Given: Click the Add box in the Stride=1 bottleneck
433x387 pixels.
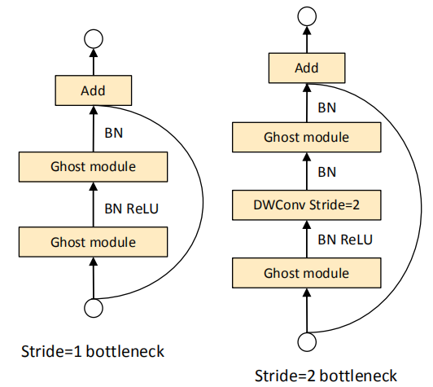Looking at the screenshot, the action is pos(94,90).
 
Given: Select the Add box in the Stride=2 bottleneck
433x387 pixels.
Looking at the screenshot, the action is pos(307,68).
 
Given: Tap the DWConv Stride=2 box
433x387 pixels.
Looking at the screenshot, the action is pos(307,205).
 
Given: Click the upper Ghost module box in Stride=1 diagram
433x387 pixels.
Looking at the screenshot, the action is pos(93,167).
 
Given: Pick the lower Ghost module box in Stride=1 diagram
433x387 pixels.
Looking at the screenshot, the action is pos(93,242).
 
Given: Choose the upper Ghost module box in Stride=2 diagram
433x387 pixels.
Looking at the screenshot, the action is pos(307,137).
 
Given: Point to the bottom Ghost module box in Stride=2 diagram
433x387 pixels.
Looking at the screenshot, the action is pos(307,273).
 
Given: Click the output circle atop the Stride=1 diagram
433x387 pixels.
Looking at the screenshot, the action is pos(94,39).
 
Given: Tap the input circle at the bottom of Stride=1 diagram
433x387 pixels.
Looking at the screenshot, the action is pos(94,308).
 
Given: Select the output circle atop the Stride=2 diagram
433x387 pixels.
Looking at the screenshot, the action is pos(307,16).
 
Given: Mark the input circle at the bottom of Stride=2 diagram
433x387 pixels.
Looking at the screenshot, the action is pos(307,341).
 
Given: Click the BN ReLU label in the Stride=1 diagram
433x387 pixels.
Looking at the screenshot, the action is pos(132,209).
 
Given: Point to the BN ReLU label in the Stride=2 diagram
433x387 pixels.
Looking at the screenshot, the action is pos(345,240).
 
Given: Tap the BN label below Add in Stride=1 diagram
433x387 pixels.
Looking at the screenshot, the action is pos(113,133).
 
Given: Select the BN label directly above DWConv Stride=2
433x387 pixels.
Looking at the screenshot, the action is pos(327,172).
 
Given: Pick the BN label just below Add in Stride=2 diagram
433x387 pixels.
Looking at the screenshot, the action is pos(327,108).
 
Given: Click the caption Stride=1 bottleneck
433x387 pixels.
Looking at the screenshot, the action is pos(93,352).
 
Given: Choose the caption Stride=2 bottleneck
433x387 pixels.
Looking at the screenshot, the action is pos(326,376).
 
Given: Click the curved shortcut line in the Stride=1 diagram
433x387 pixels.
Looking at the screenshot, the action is pos(203,202).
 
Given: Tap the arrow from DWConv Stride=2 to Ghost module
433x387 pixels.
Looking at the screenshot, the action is pos(307,171).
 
